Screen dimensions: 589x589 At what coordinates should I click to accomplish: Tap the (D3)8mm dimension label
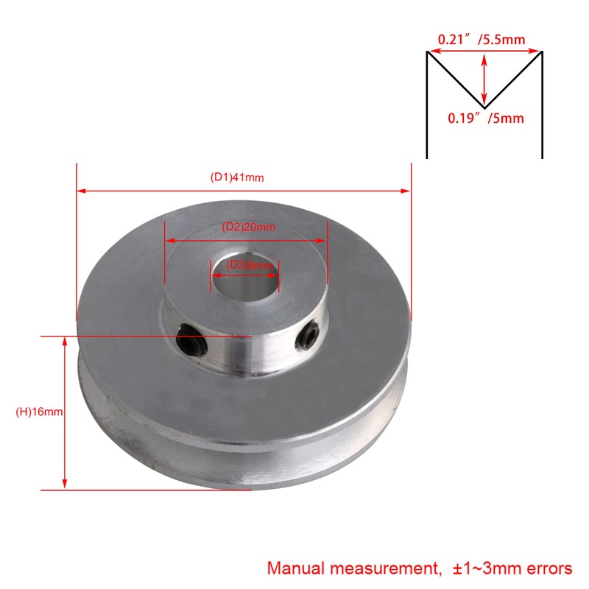click(245, 265)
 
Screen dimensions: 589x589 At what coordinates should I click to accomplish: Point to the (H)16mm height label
click(40, 412)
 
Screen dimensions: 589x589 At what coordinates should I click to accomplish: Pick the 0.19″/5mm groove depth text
click(487, 118)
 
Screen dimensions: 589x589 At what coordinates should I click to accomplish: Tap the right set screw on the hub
click(307, 338)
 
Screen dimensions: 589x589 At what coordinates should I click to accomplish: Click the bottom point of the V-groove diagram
click(484, 107)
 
